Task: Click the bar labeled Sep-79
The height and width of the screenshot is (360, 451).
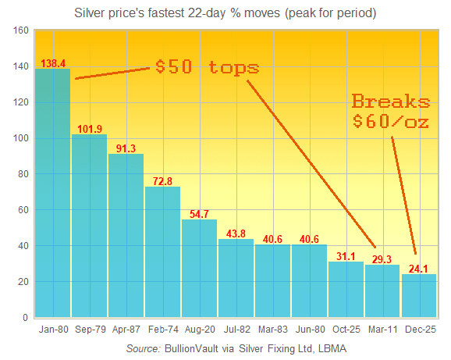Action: tap(89, 226)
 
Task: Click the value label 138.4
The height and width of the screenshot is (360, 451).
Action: tap(53, 62)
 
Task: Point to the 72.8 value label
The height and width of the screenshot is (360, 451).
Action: tap(162, 180)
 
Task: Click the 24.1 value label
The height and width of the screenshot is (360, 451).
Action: tap(419, 268)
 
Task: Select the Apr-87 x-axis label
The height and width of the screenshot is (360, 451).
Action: tap(126, 330)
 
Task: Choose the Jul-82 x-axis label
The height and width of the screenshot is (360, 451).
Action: tap(236, 330)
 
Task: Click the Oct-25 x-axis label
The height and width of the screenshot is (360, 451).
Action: tap(346, 330)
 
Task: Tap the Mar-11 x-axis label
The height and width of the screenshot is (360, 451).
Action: tap(382, 330)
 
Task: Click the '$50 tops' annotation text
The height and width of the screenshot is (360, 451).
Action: tap(207, 66)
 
